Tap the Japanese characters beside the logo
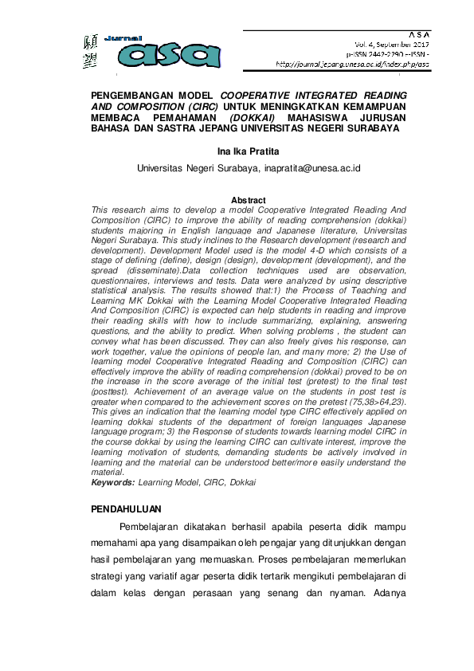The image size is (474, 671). coord(89,52)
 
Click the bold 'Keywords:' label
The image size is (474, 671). coord(113,483)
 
